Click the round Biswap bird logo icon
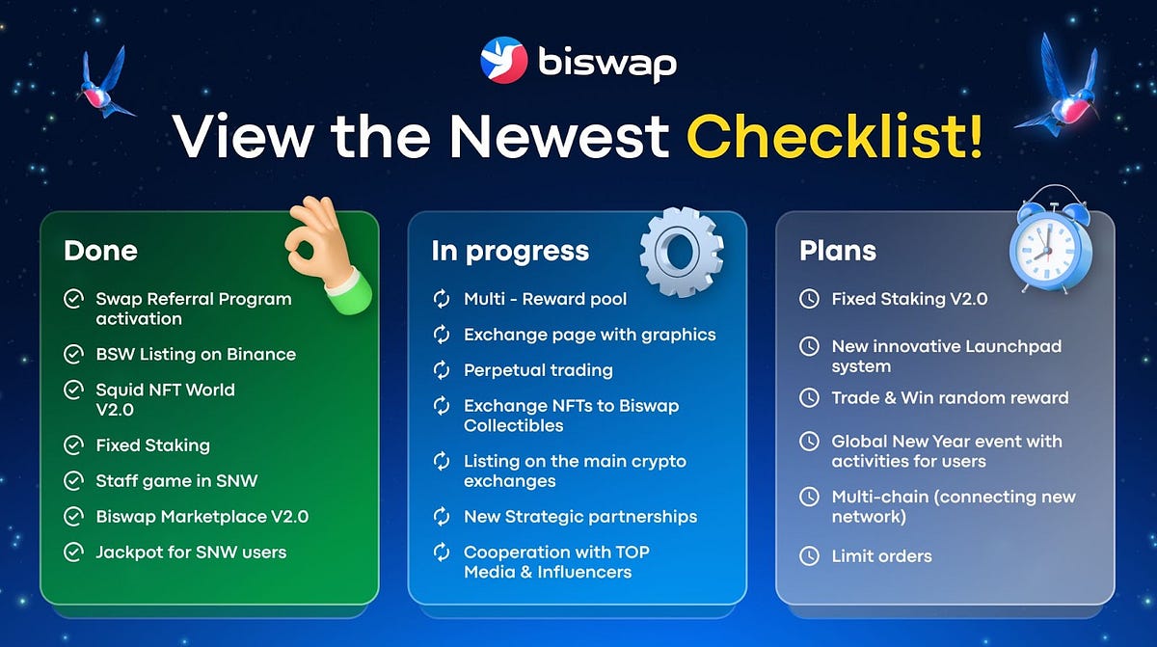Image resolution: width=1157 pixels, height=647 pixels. pyautogui.click(x=503, y=60)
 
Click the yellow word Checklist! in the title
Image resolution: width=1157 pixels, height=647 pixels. pyautogui.click(x=834, y=136)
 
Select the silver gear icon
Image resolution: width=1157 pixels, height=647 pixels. pyautogui.click(x=682, y=252)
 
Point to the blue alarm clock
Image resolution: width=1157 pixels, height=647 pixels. pyautogui.click(x=1051, y=239)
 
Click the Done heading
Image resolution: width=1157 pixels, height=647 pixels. pyautogui.click(x=100, y=251)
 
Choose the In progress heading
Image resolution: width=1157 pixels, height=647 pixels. pyautogui.click(x=510, y=252)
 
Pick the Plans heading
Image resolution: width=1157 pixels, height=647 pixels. pyautogui.click(x=837, y=251)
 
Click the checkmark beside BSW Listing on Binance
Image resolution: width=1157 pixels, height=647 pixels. pyautogui.click(x=73, y=354)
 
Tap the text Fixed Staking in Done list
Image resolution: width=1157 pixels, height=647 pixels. pyautogui.click(x=153, y=445)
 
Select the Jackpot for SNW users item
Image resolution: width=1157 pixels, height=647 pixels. pyautogui.click(x=191, y=552)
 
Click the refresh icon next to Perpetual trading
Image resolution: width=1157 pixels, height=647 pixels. pyautogui.click(x=442, y=370)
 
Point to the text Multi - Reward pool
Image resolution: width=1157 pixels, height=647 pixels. pyautogui.click(x=545, y=299)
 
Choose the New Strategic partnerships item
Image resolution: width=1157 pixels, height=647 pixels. pyautogui.click(x=580, y=517)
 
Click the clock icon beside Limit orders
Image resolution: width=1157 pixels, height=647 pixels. pyautogui.click(x=809, y=556)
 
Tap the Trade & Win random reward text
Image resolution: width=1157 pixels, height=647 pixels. pyautogui.click(x=950, y=397)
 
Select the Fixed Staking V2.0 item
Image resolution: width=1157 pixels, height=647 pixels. pyautogui.click(x=909, y=299)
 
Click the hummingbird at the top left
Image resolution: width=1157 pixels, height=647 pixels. pyautogui.click(x=105, y=83)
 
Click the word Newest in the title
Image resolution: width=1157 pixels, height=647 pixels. pyautogui.click(x=559, y=136)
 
